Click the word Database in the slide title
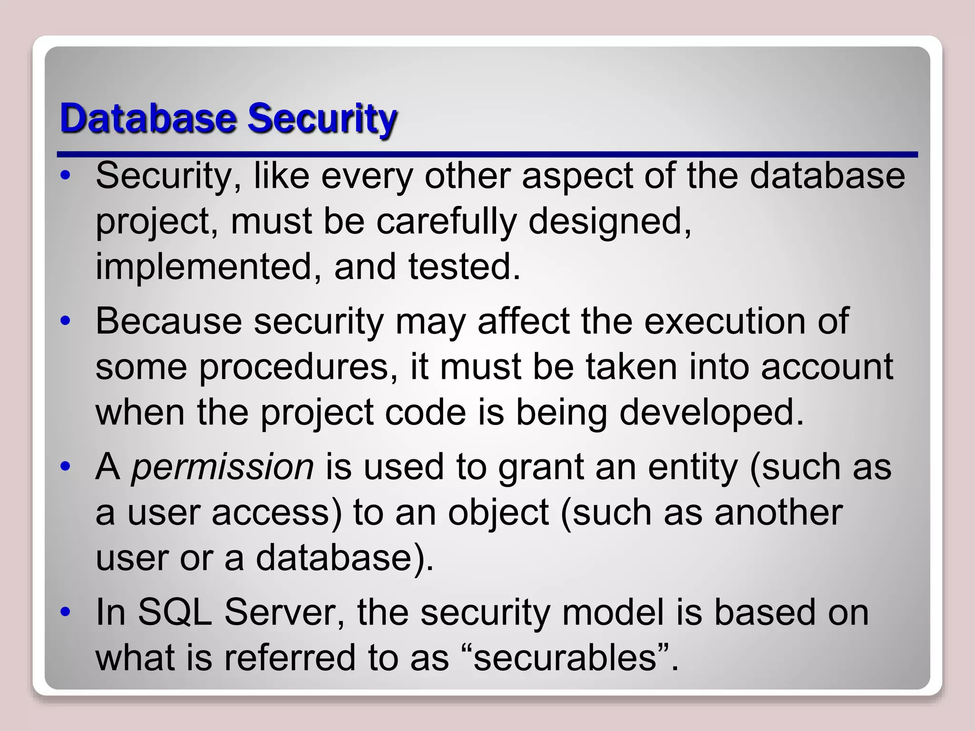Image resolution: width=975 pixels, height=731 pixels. pos(148,118)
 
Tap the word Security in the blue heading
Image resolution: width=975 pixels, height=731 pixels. pos(322,119)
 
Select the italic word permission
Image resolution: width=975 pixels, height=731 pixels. pos(222,467)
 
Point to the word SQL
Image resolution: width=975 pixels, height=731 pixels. pos(175,612)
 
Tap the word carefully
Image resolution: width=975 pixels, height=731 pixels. pos(446,222)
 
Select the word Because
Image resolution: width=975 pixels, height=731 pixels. pos(169,321)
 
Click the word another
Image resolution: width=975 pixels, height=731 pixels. pos(778,513)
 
